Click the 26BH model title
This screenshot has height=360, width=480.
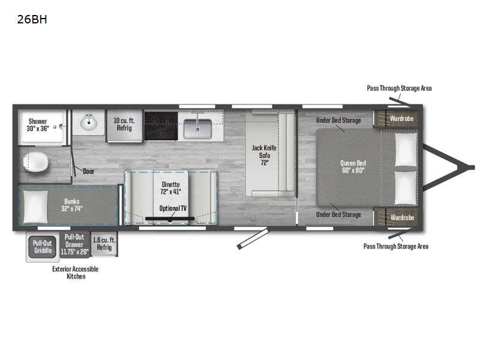coord(32,19)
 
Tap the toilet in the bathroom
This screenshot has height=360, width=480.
coord(36,162)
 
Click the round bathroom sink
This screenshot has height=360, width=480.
coord(89,123)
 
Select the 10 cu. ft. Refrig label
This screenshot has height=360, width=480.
coord(124,124)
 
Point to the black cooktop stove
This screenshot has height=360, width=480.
coord(161,126)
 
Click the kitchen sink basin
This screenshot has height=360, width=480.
coord(197,129)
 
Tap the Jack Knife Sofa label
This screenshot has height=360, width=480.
coord(264,155)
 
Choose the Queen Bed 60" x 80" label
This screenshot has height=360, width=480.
coord(353,167)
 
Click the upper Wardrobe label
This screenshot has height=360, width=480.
coord(401,118)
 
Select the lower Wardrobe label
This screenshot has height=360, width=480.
coord(402,218)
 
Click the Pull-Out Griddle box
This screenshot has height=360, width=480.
coord(43,247)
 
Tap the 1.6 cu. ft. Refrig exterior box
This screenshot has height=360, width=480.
coord(104,244)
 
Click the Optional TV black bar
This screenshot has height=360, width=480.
coord(170,218)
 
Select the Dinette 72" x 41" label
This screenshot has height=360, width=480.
coord(170,188)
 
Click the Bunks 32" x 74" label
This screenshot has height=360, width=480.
coord(71,205)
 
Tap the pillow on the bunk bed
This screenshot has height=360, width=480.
coord(36,206)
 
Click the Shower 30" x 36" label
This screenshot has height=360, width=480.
coord(38,125)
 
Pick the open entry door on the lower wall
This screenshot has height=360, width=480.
coord(253,239)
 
